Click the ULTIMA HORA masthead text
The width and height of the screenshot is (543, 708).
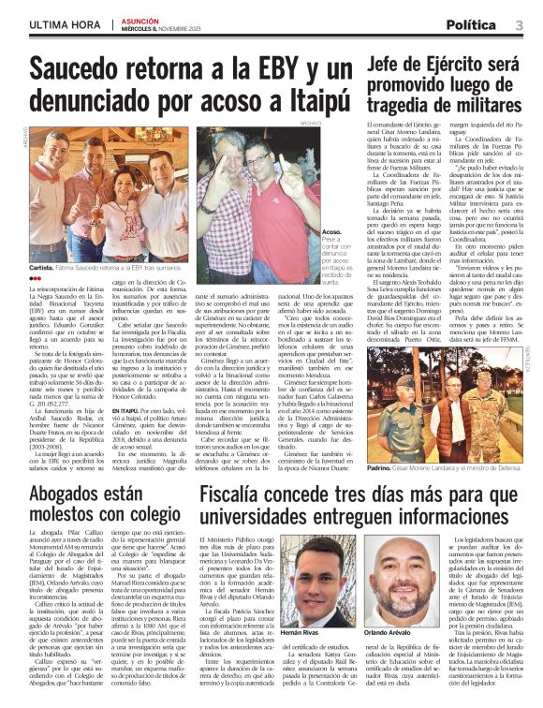click(x=61, y=24)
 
